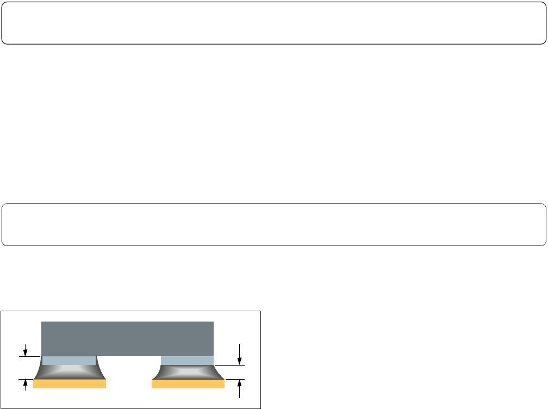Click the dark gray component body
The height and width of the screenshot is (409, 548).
click(x=127, y=338)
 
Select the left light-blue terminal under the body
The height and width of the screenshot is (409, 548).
click(x=69, y=361)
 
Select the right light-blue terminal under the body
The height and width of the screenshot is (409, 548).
click(x=187, y=361)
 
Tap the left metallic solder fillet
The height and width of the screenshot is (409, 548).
click(x=69, y=372)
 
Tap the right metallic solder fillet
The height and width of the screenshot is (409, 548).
click(x=188, y=372)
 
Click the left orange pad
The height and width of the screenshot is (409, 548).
click(x=69, y=384)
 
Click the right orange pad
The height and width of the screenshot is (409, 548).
click(x=188, y=384)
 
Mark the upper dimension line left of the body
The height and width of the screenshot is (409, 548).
click(x=30, y=356)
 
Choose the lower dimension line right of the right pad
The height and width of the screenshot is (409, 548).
click(x=235, y=379)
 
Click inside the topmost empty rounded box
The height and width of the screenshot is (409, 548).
click(x=274, y=22)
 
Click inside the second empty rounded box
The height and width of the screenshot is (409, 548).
click(x=274, y=224)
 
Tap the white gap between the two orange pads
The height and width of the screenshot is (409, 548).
click(x=128, y=384)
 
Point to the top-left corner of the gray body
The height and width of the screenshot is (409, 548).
click(x=42, y=322)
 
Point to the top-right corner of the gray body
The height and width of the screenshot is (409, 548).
click(x=213, y=322)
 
